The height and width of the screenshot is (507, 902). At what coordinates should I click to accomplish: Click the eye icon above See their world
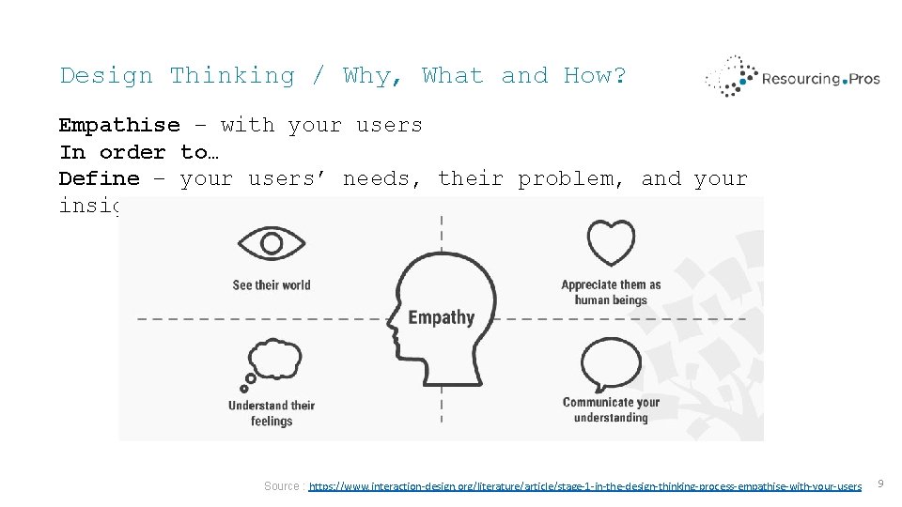tap(272, 245)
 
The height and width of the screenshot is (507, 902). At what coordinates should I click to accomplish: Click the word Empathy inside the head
tap(441, 317)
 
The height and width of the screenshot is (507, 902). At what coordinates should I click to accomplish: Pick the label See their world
tap(272, 285)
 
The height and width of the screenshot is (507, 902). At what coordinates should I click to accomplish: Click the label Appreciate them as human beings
tap(611, 293)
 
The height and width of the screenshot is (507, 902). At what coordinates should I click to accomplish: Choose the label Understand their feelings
tap(272, 413)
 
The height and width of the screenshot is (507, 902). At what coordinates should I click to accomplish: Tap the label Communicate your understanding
tap(611, 410)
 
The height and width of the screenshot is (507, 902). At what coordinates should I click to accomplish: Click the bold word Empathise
tap(119, 125)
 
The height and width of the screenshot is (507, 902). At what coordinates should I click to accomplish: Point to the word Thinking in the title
tap(232, 75)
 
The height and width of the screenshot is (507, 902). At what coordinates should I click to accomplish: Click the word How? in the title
tap(595, 75)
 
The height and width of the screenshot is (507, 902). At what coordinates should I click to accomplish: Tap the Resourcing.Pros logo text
tap(821, 79)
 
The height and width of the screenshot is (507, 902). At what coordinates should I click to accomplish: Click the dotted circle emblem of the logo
tap(731, 77)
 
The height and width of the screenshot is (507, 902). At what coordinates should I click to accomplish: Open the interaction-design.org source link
tap(584, 485)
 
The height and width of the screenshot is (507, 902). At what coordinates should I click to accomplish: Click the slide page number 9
tap(880, 484)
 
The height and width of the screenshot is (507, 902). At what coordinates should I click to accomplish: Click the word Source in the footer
tap(282, 485)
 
